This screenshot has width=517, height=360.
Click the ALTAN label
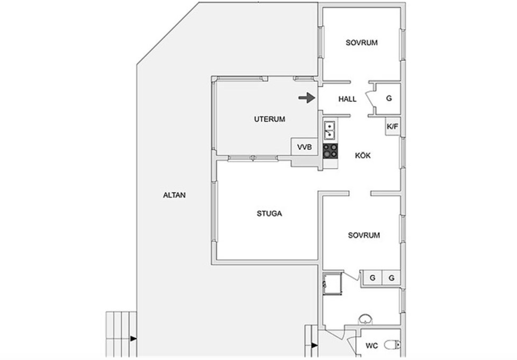coord(174,195)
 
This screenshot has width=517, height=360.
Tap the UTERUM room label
coord(270,119)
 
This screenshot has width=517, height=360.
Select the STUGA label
coord(269,214)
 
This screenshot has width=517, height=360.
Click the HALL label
coord(347,99)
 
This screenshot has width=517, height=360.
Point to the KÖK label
coord(363,155)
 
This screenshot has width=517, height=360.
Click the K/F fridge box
coord(392,126)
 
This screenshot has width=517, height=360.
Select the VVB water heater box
coord(305,147)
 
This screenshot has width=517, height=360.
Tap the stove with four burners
coord(330,151)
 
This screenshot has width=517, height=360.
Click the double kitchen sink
coord(330,131)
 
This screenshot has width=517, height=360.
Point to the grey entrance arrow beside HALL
coord(307,98)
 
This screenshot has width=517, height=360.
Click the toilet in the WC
coord(392,345)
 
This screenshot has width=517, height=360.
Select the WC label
coord(372,346)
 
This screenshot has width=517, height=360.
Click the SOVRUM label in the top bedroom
coord(362,43)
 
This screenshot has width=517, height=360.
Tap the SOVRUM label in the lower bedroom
coord(364,235)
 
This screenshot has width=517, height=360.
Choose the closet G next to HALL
coord(389,99)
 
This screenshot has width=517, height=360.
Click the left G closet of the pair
coord(373,278)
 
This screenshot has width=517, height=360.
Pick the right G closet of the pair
coord(392,278)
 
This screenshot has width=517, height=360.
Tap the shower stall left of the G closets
coord(332,283)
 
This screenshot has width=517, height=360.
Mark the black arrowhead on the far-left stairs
coord(133,339)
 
